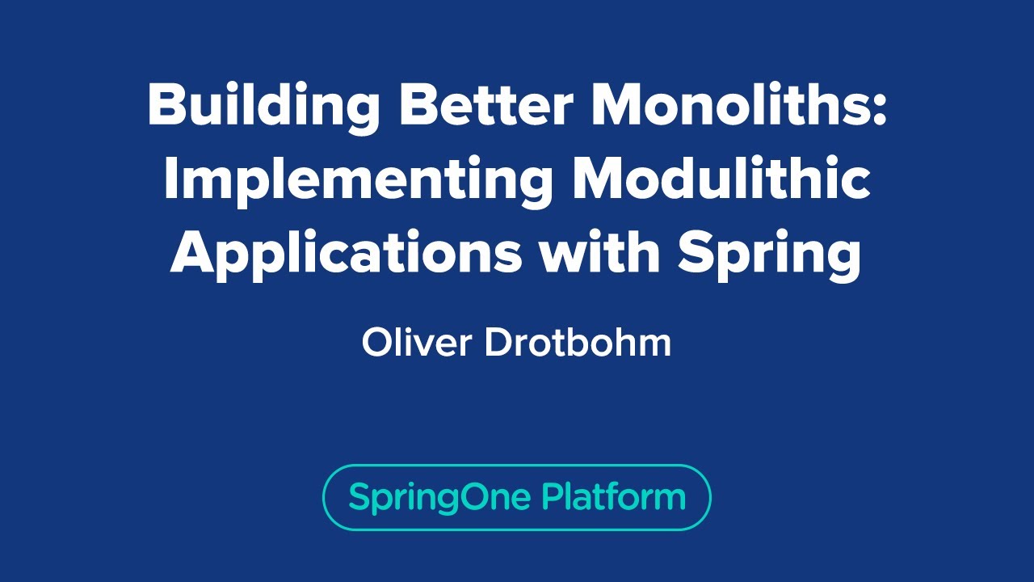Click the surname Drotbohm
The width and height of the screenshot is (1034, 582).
[578, 343]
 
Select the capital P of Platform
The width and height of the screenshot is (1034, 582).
[552, 496]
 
